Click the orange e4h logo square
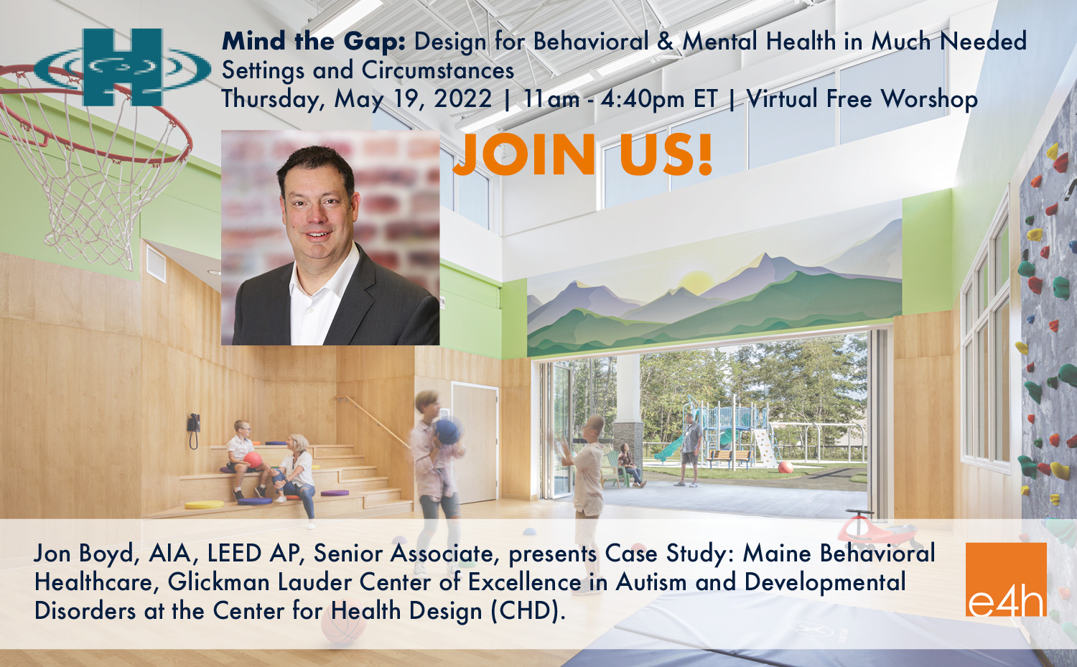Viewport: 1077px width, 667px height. point(1007,579)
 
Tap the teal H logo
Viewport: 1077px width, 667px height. point(123,67)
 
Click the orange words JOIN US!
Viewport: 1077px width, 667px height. point(582,155)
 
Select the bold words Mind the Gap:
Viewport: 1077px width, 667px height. point(314,42)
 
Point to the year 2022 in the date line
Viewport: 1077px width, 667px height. point(462,99)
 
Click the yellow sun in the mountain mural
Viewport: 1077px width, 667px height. point(697,281)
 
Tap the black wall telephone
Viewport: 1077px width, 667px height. point(194,429)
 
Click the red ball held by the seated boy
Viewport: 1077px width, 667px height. point(253,460)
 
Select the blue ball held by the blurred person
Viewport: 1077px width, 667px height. point(447,432)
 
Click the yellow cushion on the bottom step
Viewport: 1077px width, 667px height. point(205,505)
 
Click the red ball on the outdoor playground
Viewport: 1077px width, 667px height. point(785,467)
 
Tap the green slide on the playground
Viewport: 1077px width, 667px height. point(668,449)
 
